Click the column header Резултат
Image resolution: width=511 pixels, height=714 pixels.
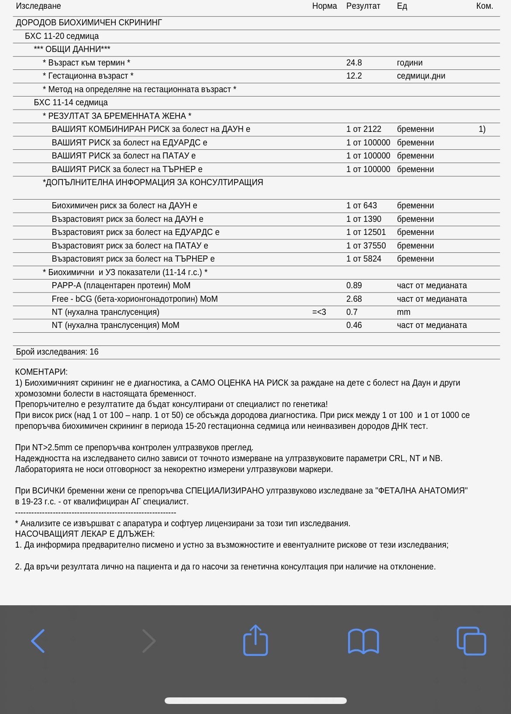click(363, 6)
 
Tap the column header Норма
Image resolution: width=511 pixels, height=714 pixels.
click(325, 6)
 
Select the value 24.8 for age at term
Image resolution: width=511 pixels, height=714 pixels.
click(354, 63)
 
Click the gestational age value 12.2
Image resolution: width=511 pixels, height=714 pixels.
click(354, 76)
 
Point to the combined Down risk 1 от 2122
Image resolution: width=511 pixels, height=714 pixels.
click(363, 129)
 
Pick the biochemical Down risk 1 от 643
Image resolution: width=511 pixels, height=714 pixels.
click(361, 206)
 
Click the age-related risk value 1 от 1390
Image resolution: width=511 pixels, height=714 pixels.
click(363, 219)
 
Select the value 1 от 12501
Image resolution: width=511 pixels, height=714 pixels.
click(366, 232)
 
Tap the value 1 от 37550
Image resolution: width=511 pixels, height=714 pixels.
click(366, 246)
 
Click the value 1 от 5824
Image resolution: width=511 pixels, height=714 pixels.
click(363, 259)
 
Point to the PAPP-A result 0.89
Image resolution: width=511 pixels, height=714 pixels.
click(354, 286)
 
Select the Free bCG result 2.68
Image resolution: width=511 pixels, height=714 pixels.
click(354, 299)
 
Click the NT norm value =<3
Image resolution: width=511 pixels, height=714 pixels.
click(319, 312)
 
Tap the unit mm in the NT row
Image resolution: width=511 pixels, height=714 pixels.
click(404, 312)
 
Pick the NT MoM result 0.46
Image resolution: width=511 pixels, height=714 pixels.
click(354, 325)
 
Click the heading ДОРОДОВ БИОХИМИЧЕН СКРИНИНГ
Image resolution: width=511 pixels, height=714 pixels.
click(89, 23)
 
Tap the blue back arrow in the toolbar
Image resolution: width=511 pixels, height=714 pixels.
click(38, 641)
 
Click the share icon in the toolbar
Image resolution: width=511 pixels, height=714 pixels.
click(255, 640)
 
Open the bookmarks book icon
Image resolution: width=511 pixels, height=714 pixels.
click(363, 641)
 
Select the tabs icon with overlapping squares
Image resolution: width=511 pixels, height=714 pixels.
click(471, 641)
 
